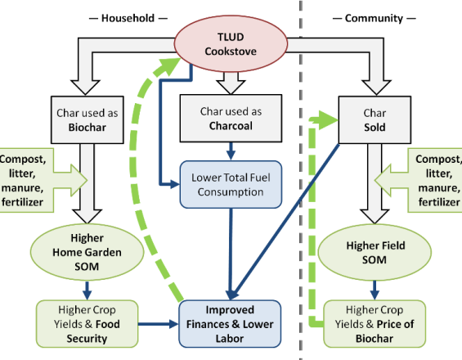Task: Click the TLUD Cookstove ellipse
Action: (231, 43)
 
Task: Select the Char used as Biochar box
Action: (87, 120)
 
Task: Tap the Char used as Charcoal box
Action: (231, 119)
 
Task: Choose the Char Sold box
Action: (375, 120)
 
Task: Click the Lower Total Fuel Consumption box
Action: (231, 185)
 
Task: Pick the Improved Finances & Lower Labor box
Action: (230, 324)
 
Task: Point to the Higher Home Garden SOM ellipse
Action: (87, 252)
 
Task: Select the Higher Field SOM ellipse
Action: (375, 252)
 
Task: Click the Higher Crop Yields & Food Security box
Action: (87, 324)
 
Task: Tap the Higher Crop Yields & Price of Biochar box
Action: (375, 324)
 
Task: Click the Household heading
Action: (128, 18)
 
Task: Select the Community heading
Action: (374, 18)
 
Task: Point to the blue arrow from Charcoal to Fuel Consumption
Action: (231, 151)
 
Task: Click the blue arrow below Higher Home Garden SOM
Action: (87, 290)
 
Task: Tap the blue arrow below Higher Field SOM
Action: (375, 290)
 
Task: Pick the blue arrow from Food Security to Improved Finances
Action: (159, 324)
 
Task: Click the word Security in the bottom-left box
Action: (87, 339)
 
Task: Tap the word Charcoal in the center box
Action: (231, 126)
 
